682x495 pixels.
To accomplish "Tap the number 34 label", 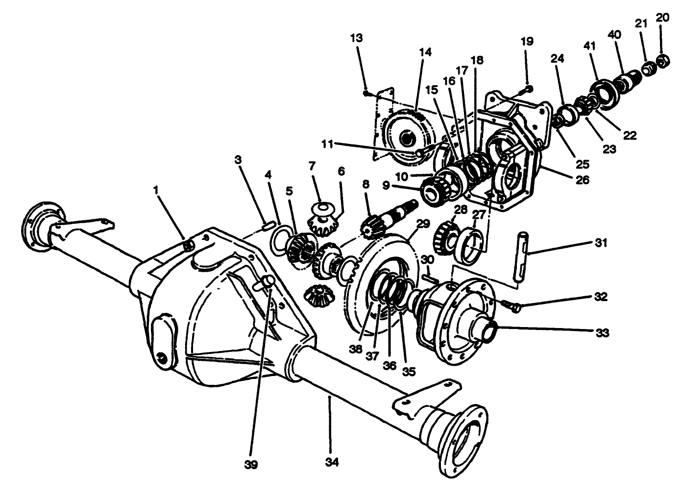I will tap(332, 462).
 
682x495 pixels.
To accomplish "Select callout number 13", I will tap(357, 38).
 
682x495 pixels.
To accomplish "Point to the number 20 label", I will tap(662, 18).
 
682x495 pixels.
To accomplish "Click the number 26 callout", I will tap(582, 180).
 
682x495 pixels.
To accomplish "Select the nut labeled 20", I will tap(663, 62).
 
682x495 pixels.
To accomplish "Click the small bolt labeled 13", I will tap(366, 92).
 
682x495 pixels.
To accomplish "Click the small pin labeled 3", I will tap(268, 225).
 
